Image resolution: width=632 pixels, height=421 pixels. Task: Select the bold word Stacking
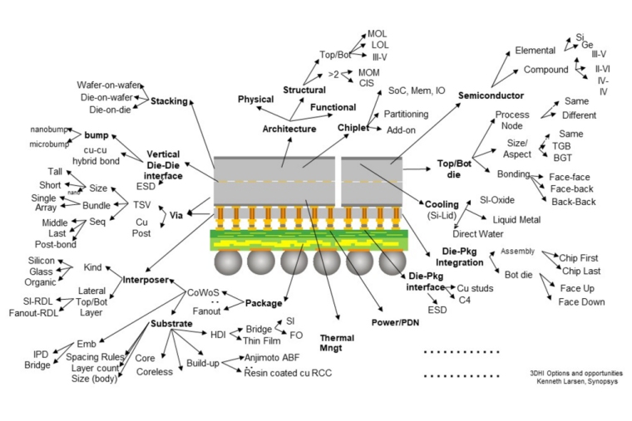pyautogui.click(x=169, y=101)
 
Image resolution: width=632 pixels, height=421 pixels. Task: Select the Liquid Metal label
pyautogui.click(x=516, y=220)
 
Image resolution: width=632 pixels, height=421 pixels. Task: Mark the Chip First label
pyautogui.click(x=580, y=258)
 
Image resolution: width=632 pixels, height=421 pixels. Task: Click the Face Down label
pyautogui.click(x=581, y=302)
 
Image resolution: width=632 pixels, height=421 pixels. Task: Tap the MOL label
pyautogui.click(x=378, y=34)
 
